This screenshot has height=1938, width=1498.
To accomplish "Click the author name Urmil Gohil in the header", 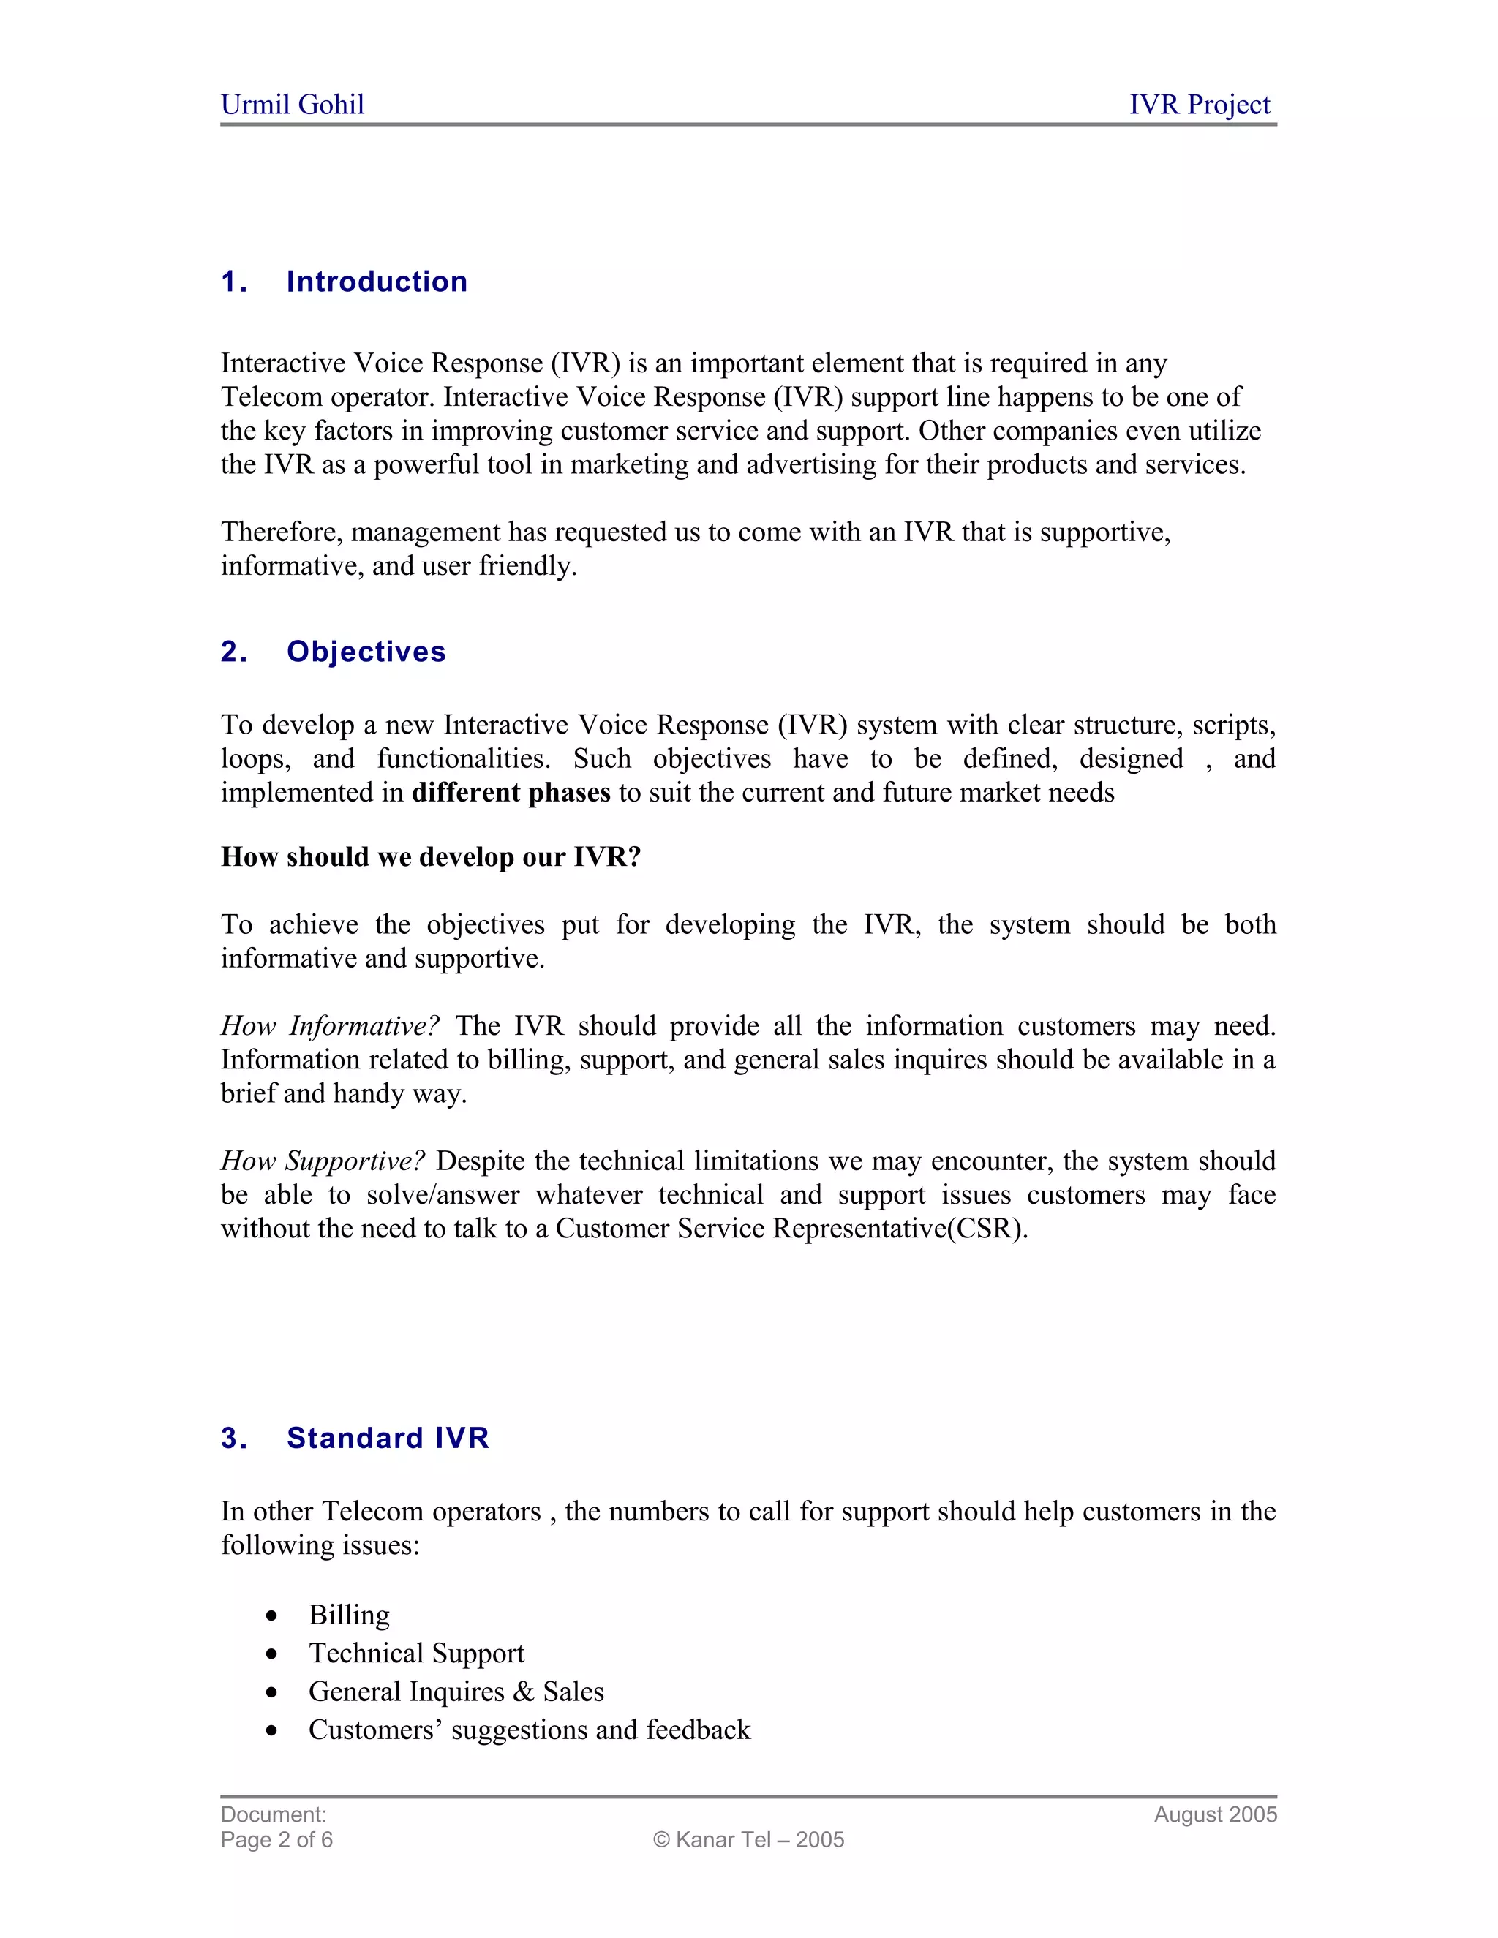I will [x=292, y=105].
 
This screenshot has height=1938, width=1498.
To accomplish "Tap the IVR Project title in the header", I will [x=1199, y=105].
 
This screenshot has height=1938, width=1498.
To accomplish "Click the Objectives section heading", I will [x=366, y=652].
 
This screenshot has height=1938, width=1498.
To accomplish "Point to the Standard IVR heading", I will [x=388, y=1439].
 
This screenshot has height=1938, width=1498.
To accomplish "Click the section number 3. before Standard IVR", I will [x=234, y=1439].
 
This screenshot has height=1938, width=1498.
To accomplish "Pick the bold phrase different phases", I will [x=511, y=793].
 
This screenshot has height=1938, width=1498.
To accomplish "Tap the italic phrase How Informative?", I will [x=330, y=1026].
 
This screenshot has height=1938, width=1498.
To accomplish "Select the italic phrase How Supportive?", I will [x=323, y=1161].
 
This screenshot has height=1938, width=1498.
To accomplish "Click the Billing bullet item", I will [x=349, y=1615].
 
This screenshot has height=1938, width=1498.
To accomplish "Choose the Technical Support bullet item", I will [x=416, y=1654].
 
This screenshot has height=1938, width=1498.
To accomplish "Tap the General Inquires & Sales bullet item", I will [x=456, y=1692].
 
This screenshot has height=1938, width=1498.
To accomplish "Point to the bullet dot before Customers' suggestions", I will [x=271, y=1730].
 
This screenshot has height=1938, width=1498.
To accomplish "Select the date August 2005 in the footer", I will [x=1215, y=1814].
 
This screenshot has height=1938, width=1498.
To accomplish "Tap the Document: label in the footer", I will [x=274, y=1814].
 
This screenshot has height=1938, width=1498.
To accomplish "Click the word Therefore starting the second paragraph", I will [x=282, y=532].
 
